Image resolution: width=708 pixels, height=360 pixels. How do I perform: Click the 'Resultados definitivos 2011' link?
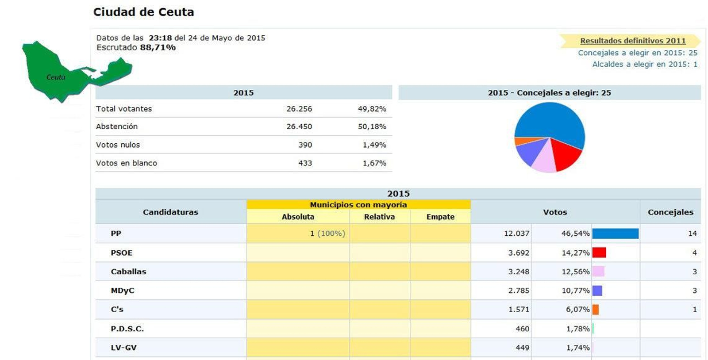tap(632, 41)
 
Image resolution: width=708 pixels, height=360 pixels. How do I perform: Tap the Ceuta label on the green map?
tap(56, 77)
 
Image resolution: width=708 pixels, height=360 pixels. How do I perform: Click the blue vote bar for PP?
tap(615, 234)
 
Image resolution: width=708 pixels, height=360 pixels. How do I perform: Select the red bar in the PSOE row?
tap(599, 253)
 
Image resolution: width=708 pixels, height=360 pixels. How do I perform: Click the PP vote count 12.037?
tap(516, 234)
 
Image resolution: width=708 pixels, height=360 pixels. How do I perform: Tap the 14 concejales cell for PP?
tap(692, 234)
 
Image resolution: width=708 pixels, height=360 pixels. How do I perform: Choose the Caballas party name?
tap(128, 272)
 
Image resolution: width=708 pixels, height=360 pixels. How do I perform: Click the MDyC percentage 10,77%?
tap(575, 291)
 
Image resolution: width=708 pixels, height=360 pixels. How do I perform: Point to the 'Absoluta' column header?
tap(298, 217)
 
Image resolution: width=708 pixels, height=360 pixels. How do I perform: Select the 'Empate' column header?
tap(440, 217)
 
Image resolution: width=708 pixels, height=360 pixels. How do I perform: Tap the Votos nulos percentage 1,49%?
tap(374, 145)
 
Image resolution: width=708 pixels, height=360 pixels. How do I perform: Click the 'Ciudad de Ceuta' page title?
tap(143, 12)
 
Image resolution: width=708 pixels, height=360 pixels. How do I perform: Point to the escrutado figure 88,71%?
tap(158, 48)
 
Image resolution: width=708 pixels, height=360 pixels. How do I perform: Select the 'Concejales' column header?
tap(670, 212)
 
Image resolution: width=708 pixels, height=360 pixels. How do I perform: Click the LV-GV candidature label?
tap(123, 348)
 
